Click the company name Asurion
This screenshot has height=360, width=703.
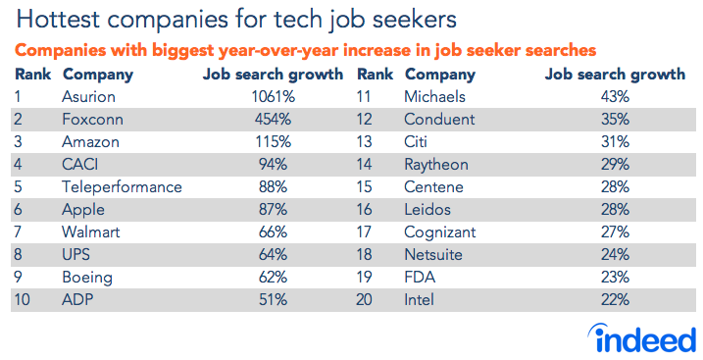click(88, 96)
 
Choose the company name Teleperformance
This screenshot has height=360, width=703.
click(122, 186)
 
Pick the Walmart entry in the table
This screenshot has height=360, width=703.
click(92, 231)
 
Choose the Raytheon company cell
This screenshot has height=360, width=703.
click(436, 164)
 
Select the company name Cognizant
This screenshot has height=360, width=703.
click(440, 231)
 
